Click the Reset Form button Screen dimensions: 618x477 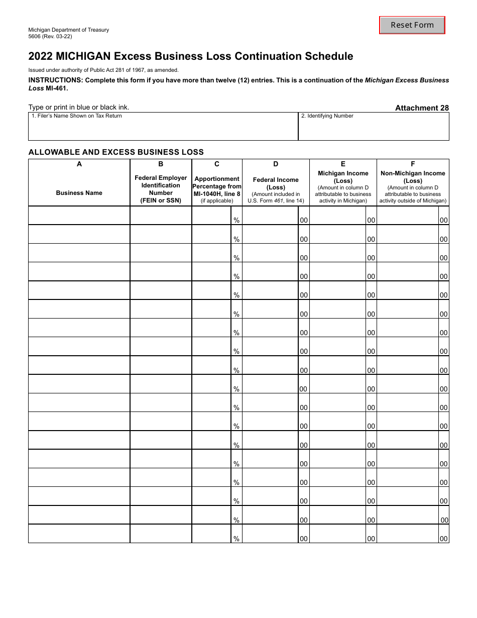(x=412, y=25)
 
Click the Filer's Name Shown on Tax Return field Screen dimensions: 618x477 (x=163, y=129)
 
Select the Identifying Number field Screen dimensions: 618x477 (x=374, y=129)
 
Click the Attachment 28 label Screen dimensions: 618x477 (x=422, y=108)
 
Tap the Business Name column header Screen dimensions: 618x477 (x=79, y=193)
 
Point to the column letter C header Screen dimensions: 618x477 (x=217, y=164)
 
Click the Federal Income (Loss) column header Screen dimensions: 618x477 (x=276, y=183)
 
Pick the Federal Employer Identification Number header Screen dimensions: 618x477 (x=161, y=189)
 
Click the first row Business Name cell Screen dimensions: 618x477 (x=79, y=216)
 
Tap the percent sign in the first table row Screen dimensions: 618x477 (x=236, y=220)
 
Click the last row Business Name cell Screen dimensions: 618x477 (x=79, y=534)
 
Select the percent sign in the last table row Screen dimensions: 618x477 (x=236, y=539)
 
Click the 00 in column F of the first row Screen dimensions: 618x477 (x=443, y=220)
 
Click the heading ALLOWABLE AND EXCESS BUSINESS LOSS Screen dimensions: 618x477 (x=116, y=152)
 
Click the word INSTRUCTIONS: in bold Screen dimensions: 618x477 (x=55, y=80)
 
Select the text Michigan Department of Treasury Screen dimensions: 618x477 (x=68, y=30)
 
